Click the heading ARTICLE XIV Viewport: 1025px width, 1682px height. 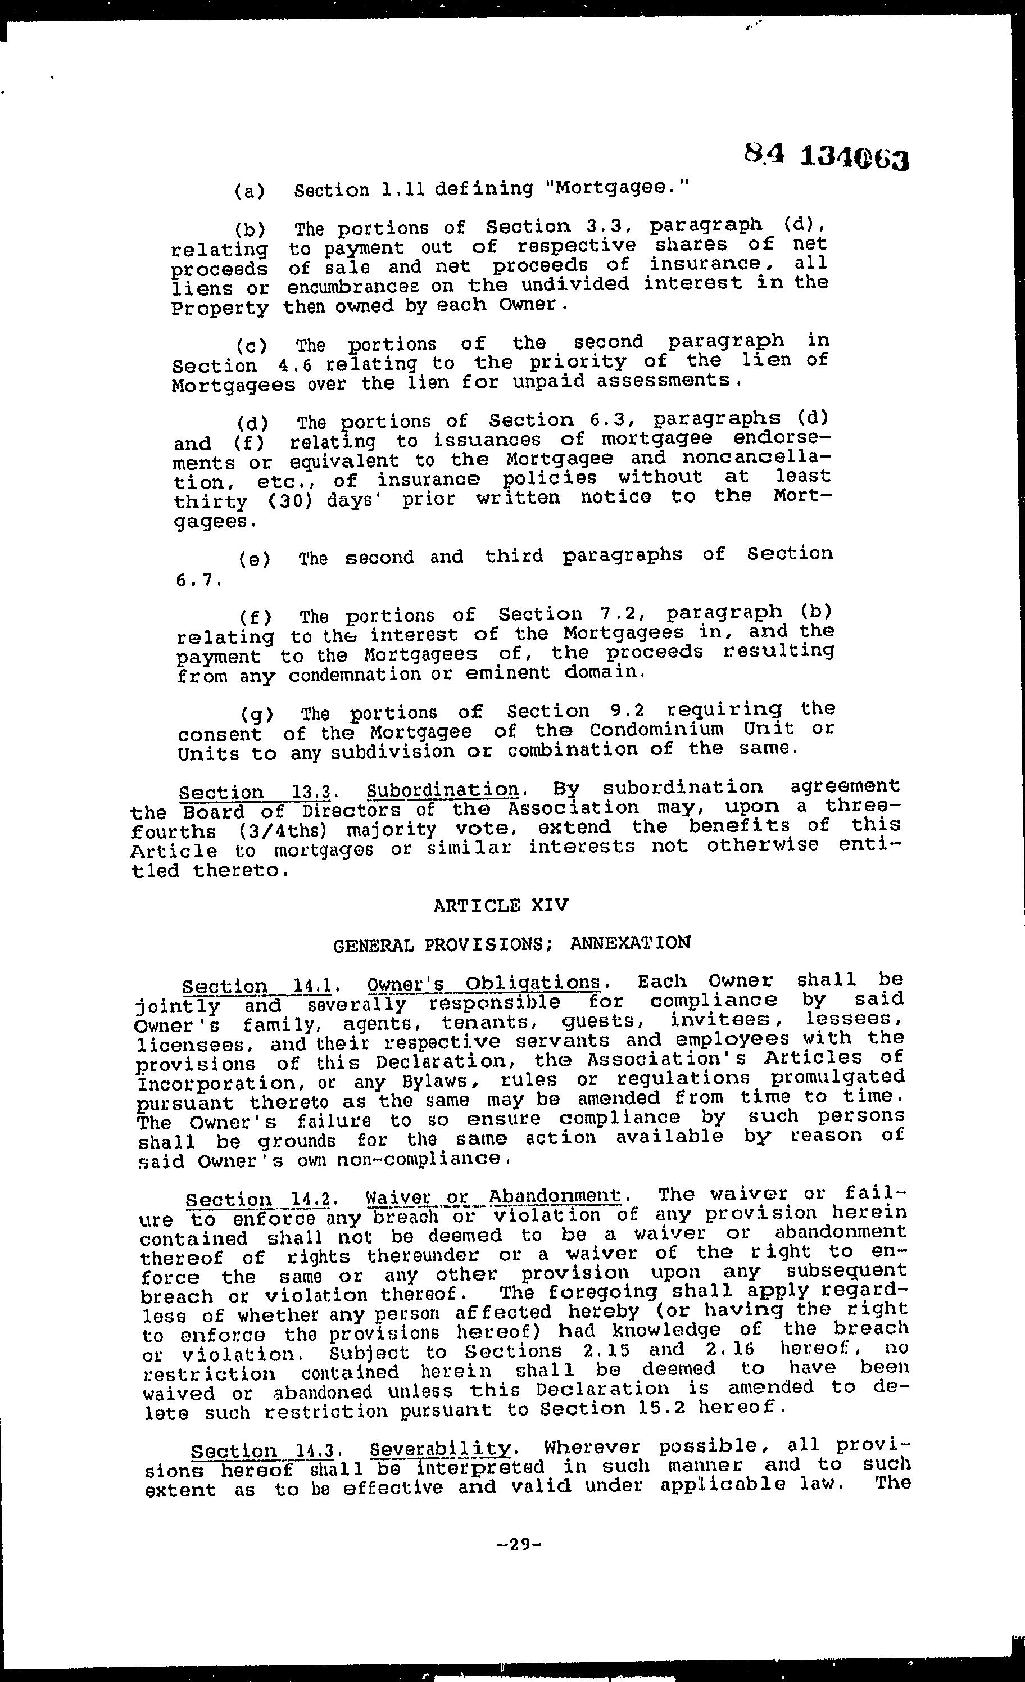(x=500, y=905)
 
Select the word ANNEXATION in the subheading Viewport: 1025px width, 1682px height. (x=630, y=943)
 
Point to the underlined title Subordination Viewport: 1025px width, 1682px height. (x=443, y=790)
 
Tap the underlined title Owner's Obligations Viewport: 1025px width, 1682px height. (x=483, y=984)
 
